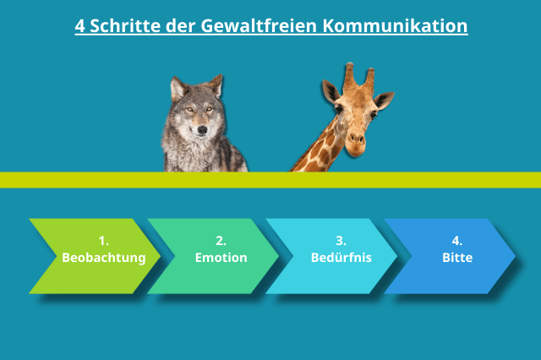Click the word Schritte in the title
(125, 25)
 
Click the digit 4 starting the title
(79, 25)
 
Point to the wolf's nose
(200, 130)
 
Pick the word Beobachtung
(103, 257)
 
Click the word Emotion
(221, 257)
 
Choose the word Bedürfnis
(341, 257)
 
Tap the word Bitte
(457, 257)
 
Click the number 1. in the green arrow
(103, 240)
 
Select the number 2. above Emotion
(221, 240)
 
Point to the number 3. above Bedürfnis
(341, 240)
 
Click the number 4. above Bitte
(457, 240)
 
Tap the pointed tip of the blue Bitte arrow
(512, 256)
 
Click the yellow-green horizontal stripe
(85, 179)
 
